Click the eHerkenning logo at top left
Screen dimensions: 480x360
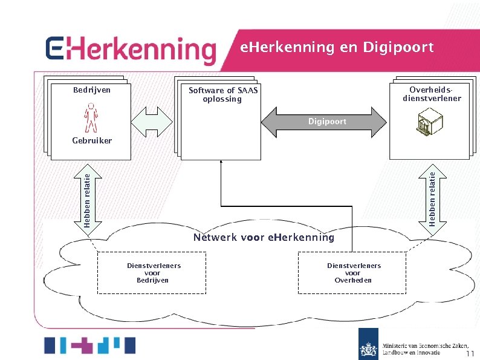pos(131,50)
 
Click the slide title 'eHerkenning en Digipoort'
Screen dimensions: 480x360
pos(337,47)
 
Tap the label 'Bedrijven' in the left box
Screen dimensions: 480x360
pos(92,90)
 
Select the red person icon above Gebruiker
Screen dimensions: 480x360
pos(91,117)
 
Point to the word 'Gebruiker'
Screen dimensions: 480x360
pos(92,140)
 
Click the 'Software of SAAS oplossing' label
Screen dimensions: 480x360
pos(222,95)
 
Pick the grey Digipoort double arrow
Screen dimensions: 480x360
pos(323,122)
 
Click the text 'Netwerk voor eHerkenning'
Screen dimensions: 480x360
pos(264,237)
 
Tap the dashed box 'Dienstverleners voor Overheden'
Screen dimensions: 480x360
pos(354,273)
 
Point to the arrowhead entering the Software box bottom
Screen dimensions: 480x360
pos(221,162)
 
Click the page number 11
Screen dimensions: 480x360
pos(470,354)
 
